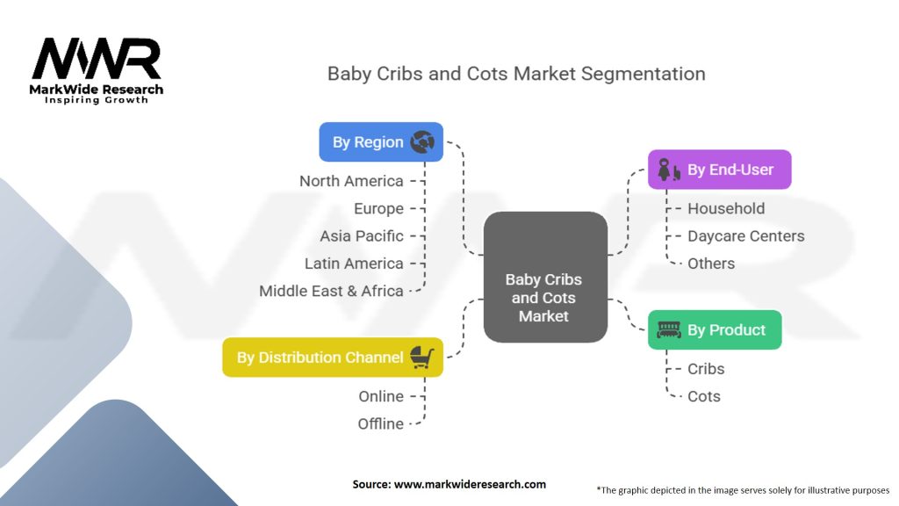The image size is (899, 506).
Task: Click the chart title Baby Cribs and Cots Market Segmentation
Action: [516, 73]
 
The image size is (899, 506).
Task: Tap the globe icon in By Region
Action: [421, 141]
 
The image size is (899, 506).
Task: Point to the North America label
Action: [351, 181]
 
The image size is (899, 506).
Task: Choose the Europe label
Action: [378, 208]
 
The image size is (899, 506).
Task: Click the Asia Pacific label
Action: [362, 235]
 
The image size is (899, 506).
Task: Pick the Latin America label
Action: [354, 263]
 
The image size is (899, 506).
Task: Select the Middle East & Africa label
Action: [331, 290]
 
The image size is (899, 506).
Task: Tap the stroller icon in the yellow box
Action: [422, 356]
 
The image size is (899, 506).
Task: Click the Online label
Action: [381, 396]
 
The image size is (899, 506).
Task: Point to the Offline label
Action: [381, 423]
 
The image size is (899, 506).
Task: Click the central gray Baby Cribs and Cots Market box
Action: [544, 277]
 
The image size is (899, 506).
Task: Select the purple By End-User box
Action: [719, 170]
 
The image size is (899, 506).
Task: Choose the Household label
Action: [726, 208]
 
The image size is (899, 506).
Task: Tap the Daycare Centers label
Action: [745, 235]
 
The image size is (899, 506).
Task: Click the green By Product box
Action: [714, 329]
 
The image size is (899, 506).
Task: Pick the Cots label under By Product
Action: [704, 396]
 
